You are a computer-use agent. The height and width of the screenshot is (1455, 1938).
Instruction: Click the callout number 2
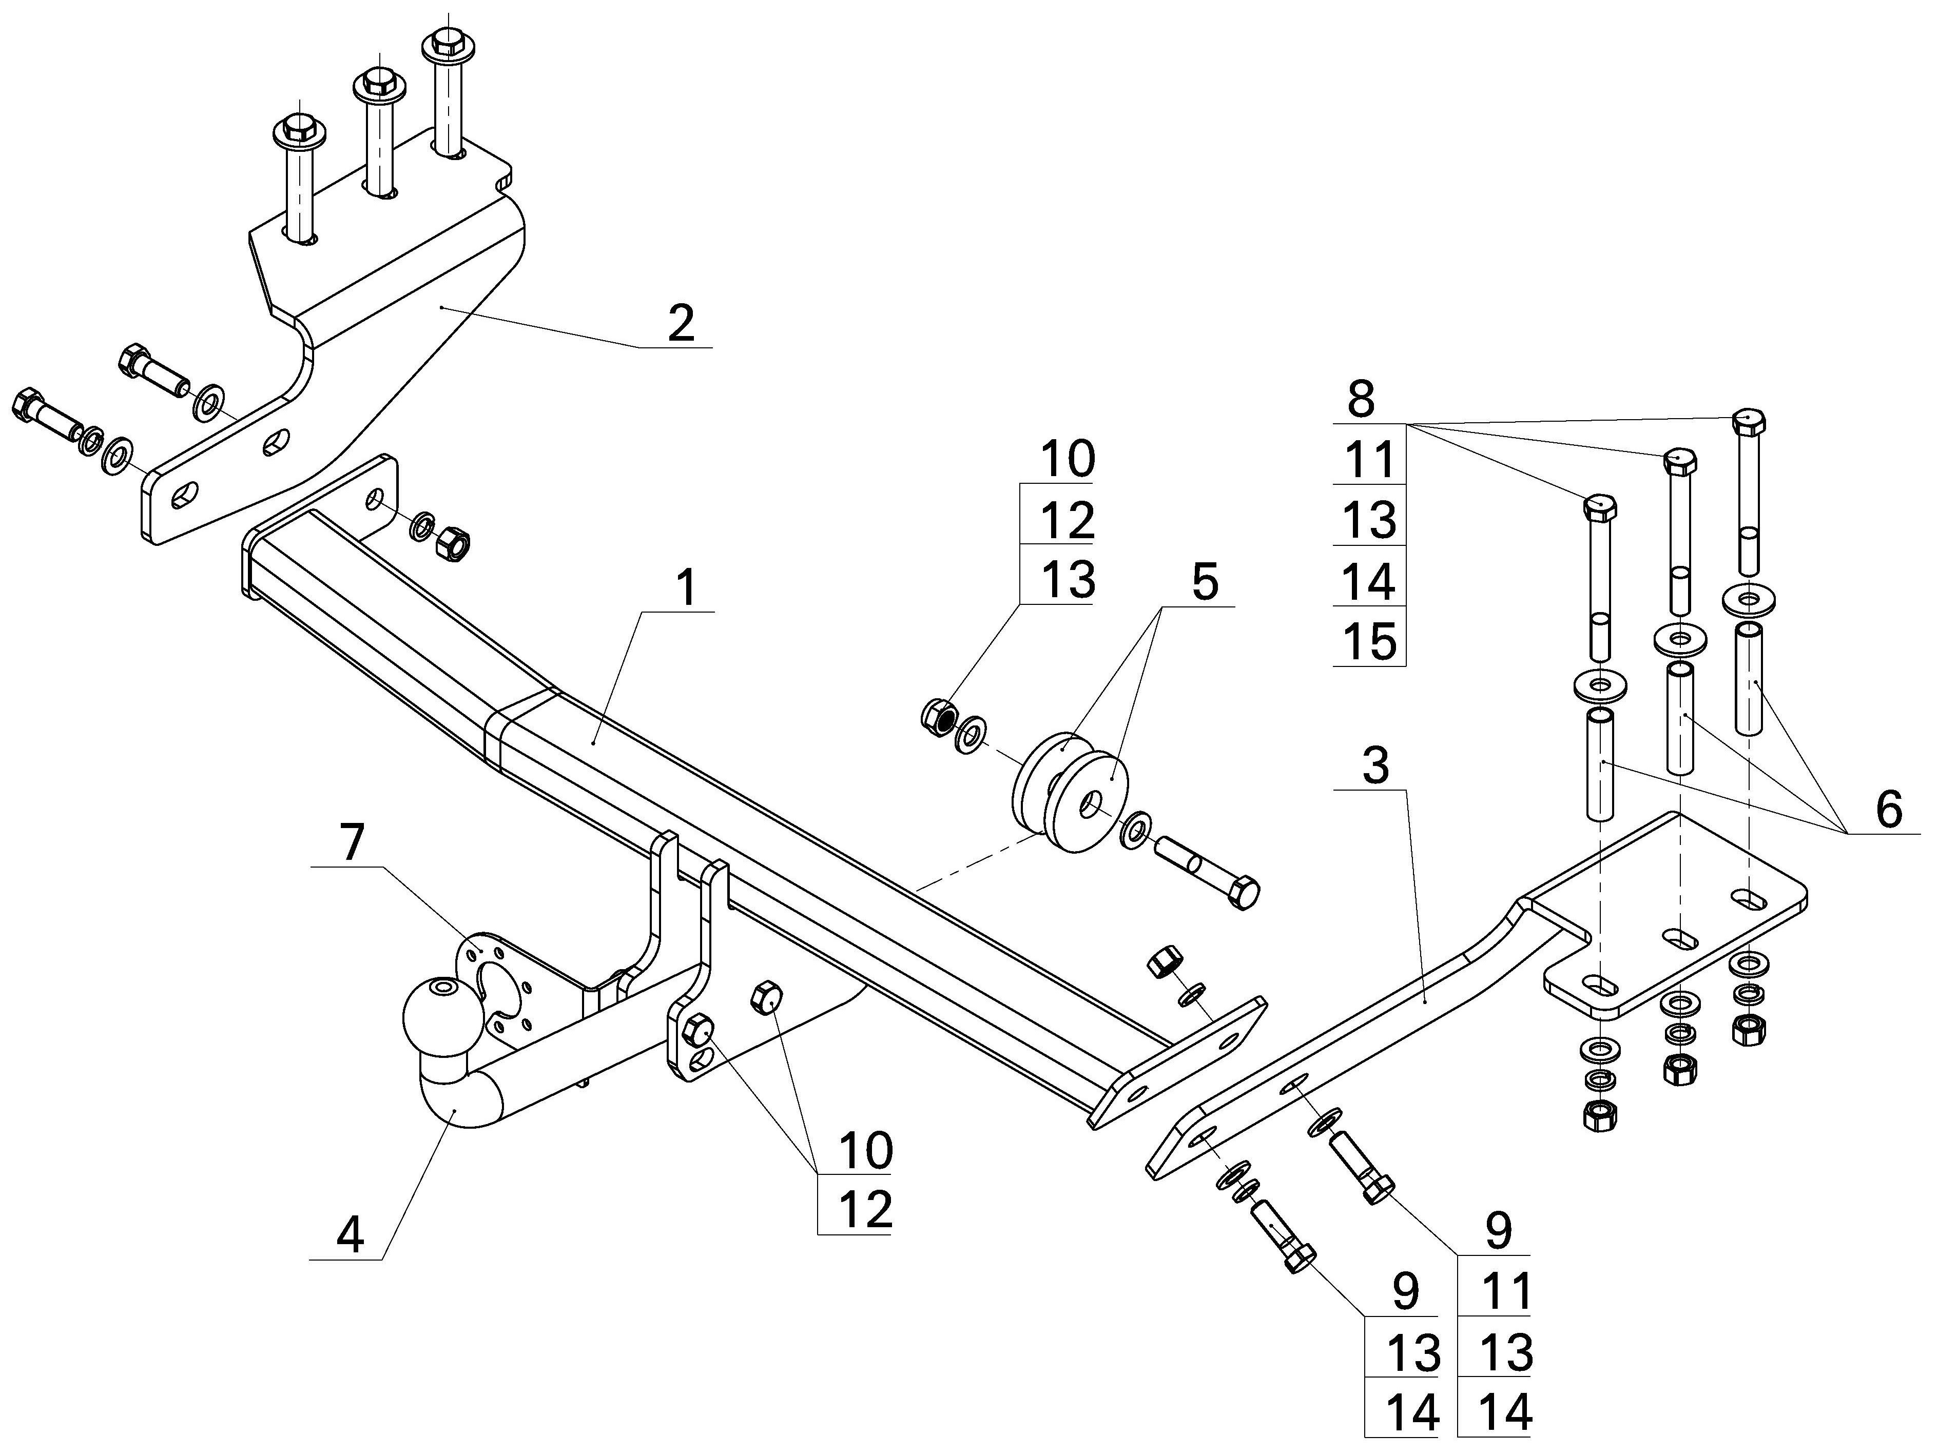(x=681, y=324)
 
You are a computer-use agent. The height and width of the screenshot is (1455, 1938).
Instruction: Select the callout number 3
(x=1377, y=765)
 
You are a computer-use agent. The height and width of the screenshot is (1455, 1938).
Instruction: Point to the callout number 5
(x=1206, y=582)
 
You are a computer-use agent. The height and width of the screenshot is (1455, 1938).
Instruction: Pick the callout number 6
(x=1889, y=810)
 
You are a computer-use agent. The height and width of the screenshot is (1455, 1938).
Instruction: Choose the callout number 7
(x=352, y=843)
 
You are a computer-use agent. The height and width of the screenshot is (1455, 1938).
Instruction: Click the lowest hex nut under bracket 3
(x=1600, y=1115)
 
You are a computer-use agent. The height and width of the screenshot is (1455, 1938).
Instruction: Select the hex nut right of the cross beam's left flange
(x=453, y=545)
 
